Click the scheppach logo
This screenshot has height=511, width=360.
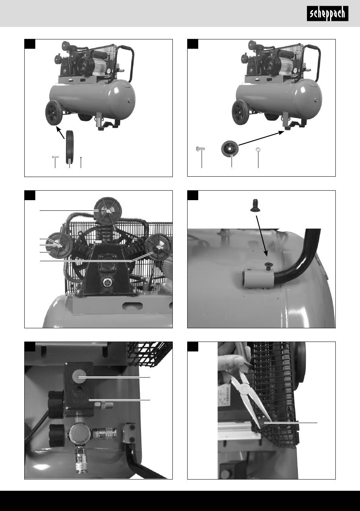(327, 14)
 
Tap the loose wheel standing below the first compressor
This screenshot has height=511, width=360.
(69, 147)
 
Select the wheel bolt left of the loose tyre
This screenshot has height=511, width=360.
(55, 157)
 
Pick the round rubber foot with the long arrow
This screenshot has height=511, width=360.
(230, 149)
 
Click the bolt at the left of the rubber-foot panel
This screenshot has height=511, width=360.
(200, 149)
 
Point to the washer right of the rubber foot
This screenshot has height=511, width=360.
(258, 150)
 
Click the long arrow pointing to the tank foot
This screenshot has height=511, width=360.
(261, 138)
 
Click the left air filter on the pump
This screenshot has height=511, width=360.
(60, 246)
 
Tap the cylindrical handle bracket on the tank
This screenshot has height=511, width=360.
(258, 278)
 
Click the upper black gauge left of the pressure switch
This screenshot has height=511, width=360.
(55, 404)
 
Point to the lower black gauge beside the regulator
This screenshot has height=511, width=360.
(57, 436)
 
